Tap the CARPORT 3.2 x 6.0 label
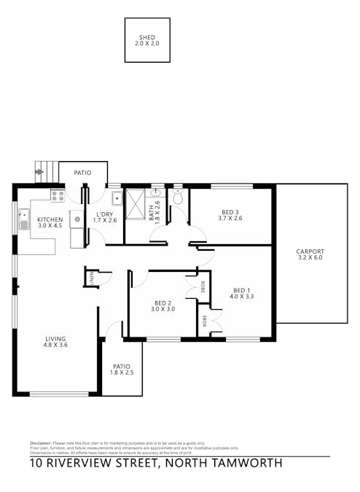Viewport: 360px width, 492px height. (x=310, y=254)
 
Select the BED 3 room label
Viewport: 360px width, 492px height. (x=232, y=215)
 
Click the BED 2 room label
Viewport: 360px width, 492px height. (x=163, y=305)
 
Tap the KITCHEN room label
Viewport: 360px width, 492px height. (x=50, y=222)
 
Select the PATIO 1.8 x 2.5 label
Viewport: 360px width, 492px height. (x=121, y=370)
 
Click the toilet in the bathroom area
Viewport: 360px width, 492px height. (x=178, y=197)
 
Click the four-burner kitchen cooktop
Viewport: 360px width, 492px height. (x=58, y=195)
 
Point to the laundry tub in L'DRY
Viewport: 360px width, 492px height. (x=116, y=198)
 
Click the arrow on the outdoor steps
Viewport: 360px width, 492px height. (x=39, y=173)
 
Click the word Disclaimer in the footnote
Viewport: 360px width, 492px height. (x=40, y=443)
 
